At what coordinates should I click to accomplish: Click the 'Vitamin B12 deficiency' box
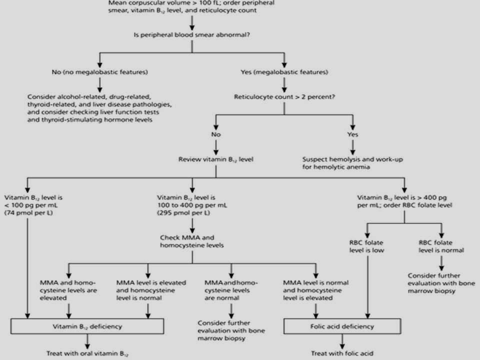point(87,326)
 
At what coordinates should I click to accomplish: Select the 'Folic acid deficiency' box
point(342,326)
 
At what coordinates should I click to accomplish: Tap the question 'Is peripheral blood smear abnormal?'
point(192,35)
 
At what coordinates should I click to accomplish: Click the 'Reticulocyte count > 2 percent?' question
point(284,97)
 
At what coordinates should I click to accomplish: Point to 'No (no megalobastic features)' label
point(100,72)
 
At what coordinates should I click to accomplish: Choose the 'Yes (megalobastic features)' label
point(284,72)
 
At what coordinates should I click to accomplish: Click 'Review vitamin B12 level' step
point(216,159)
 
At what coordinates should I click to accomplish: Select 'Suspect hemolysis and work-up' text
point(352,159)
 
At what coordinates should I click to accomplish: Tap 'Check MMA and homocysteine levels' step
point(192,241)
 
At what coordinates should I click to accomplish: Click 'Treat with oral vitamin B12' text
point(87,354)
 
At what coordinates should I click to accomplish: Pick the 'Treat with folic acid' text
point(342,353)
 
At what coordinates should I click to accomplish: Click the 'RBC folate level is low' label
point(366,246)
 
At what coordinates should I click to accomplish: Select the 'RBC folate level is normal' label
point(441,246)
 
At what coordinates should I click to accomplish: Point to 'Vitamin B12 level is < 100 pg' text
point(33,201)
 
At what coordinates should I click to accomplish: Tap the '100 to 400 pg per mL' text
point(192,205)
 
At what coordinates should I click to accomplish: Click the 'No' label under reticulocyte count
point(216,134)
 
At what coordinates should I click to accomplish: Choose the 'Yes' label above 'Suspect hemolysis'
point(352,134)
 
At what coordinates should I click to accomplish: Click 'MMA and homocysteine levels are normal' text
point(231,290)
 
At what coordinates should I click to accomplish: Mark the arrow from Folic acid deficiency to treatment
point(342,341)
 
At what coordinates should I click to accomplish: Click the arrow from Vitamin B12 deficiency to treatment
point(87,341)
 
